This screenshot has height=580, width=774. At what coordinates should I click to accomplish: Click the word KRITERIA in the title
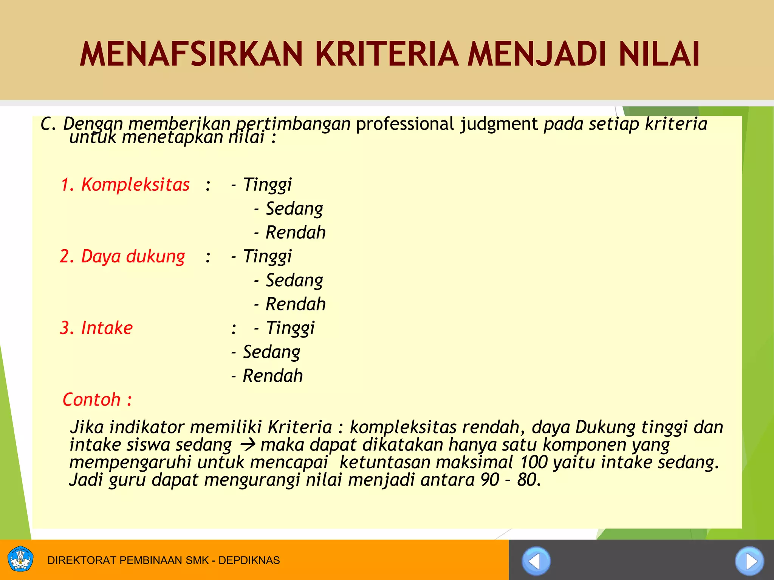(387, 54)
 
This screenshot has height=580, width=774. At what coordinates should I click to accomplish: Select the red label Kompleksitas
(135, 185)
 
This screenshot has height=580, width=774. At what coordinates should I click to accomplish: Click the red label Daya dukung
(133, 256)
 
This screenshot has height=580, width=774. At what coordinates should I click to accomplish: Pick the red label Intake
(107, 328)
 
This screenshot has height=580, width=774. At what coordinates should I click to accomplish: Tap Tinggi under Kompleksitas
(267, 185)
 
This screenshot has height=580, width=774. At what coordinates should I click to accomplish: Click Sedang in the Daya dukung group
(294, 280)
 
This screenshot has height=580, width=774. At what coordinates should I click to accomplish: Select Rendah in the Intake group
(272, 376)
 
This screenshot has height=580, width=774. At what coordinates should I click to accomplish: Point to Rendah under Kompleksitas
(295, 232)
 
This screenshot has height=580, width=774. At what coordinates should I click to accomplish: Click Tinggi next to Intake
(290, 328)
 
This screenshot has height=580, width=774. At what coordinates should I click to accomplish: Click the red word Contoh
(91, 400)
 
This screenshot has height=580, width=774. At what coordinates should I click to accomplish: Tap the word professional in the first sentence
(405, 124)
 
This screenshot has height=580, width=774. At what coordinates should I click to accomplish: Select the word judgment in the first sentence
(499, 124)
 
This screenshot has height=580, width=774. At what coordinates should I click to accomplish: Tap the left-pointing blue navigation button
(536, 561)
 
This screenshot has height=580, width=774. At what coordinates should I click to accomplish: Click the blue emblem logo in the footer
(20, 559)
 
